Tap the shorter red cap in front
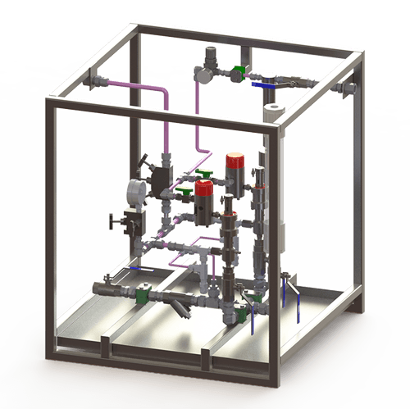203,194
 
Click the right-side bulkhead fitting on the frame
350,84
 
